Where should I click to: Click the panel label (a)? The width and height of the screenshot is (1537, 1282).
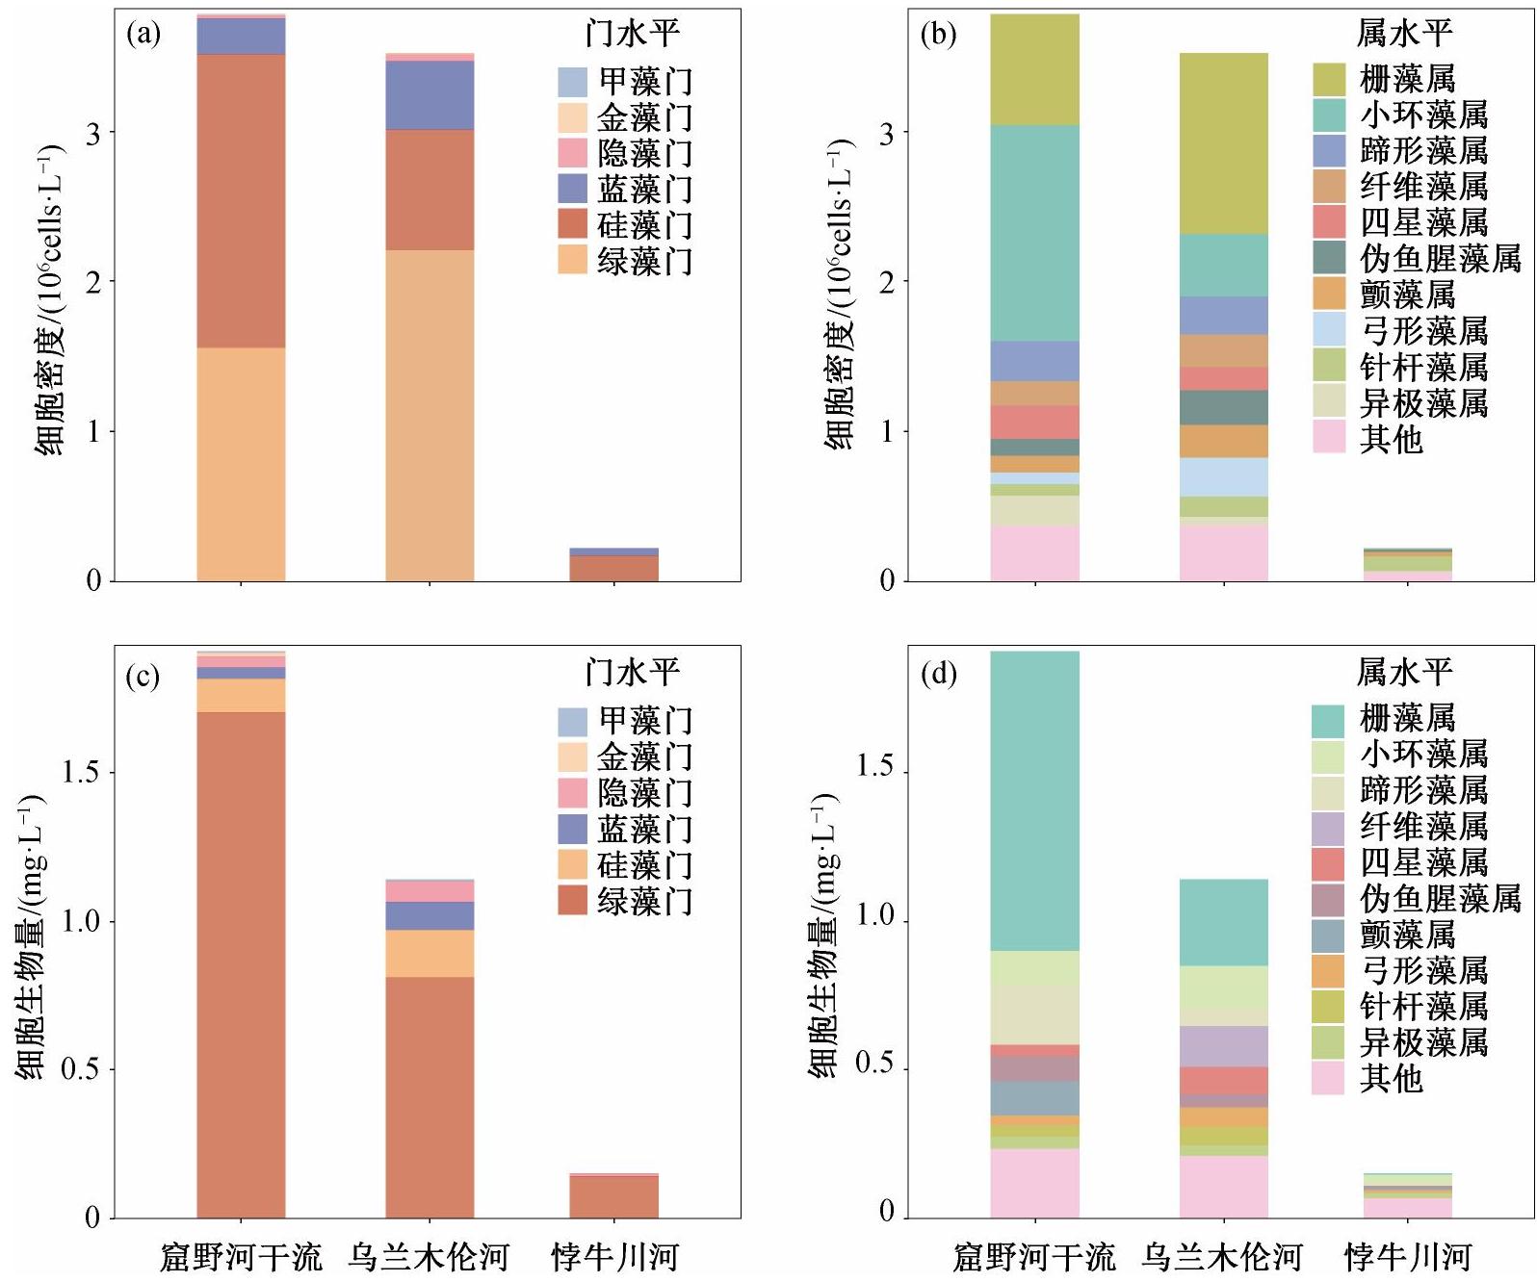[143, 35]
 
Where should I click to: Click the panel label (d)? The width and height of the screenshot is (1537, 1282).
[939, 674]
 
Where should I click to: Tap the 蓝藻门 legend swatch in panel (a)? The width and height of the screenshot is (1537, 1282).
[573, 189]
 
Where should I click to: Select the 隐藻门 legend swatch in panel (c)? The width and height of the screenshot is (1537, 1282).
[573, 792]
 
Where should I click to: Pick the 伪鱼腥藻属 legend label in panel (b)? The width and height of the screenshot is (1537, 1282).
[1440, 258]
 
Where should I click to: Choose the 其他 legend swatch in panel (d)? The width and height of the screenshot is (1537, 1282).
[1328, 1078]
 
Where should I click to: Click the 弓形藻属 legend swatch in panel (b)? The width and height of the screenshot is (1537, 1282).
[1329, 330]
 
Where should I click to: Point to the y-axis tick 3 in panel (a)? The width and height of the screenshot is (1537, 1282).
[93, 133]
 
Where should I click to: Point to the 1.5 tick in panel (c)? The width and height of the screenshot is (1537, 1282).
[82, 772]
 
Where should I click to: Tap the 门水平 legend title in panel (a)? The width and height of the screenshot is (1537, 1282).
[633, 33]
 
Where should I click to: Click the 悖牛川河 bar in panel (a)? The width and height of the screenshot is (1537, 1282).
[613, 564]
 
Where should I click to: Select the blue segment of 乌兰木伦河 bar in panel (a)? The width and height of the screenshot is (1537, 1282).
[430, 95]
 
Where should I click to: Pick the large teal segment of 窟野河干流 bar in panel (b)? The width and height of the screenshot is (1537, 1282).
[1035, 233]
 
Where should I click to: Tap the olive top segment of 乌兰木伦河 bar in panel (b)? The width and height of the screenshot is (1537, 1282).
[1224, 143]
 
